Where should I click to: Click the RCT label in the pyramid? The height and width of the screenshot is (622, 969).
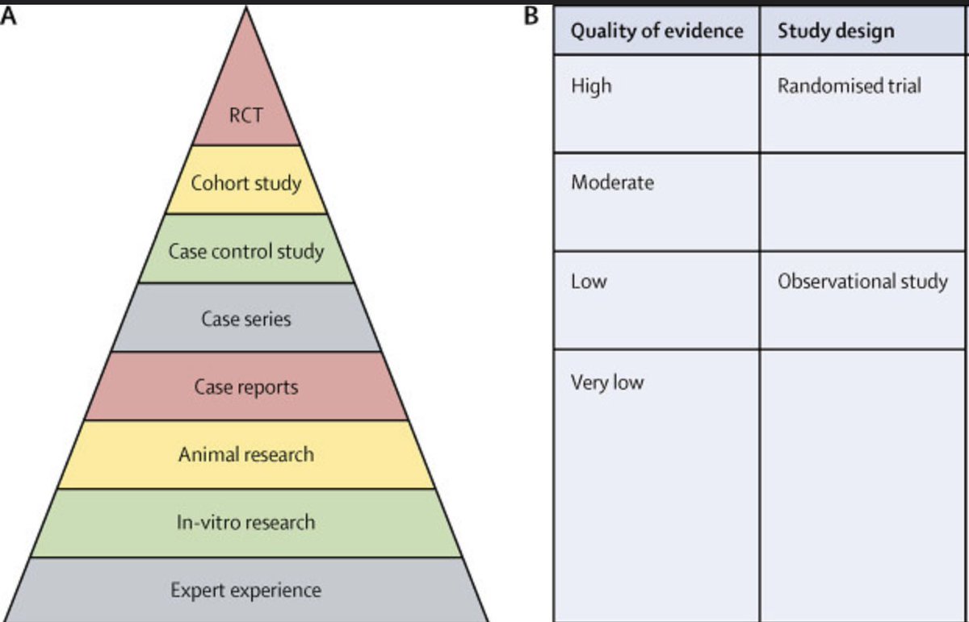245,115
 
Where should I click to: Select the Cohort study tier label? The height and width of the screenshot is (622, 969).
245,182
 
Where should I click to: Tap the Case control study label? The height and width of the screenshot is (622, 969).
245,251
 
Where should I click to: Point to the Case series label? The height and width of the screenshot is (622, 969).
245,319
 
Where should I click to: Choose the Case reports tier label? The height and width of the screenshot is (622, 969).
245,387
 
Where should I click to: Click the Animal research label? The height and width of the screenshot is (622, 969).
245,454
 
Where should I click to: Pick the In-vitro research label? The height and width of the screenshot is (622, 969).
245,523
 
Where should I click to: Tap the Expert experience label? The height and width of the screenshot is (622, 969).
245,591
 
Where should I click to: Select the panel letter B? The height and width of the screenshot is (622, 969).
531,17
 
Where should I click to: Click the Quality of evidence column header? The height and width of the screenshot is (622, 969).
656,31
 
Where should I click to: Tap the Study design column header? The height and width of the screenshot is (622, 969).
836,31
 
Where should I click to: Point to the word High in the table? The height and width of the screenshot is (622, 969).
591,85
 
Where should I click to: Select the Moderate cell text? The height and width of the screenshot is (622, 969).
612,182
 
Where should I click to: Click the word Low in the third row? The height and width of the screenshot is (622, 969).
589,282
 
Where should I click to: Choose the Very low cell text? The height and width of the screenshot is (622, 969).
607,382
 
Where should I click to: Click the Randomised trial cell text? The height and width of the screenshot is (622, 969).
849,86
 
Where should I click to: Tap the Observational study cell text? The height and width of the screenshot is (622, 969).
862,282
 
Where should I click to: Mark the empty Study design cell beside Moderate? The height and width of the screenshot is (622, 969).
862,201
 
